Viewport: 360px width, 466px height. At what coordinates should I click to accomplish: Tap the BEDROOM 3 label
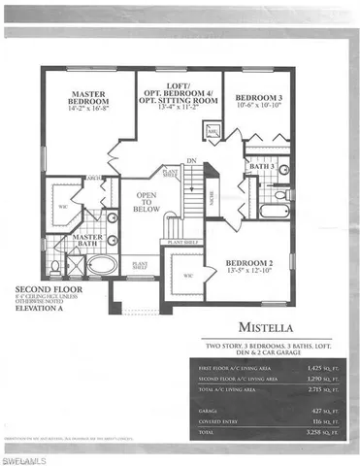[x=259, y=96]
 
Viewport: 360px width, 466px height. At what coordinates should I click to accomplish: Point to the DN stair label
[x=192, y=160]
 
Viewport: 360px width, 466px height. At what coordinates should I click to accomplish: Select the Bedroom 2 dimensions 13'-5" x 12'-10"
[x=251, y=273]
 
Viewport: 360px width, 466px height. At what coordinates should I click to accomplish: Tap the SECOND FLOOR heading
[x=44, y=289]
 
